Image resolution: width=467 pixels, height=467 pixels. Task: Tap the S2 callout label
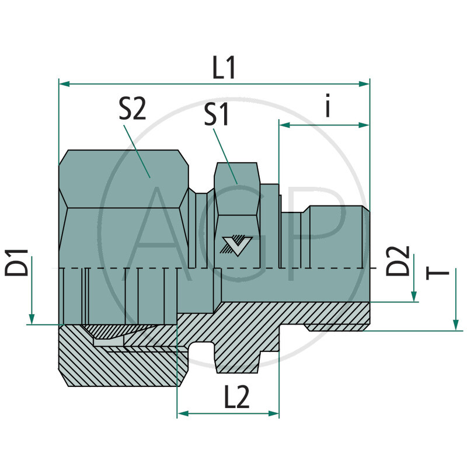click(132, 109)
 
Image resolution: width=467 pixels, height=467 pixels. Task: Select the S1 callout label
click(217, 116)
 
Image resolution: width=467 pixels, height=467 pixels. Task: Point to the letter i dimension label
click(329, 107)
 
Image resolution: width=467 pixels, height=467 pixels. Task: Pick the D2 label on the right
click(399, 262)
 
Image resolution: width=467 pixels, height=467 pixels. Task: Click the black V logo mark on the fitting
click(233, 245)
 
